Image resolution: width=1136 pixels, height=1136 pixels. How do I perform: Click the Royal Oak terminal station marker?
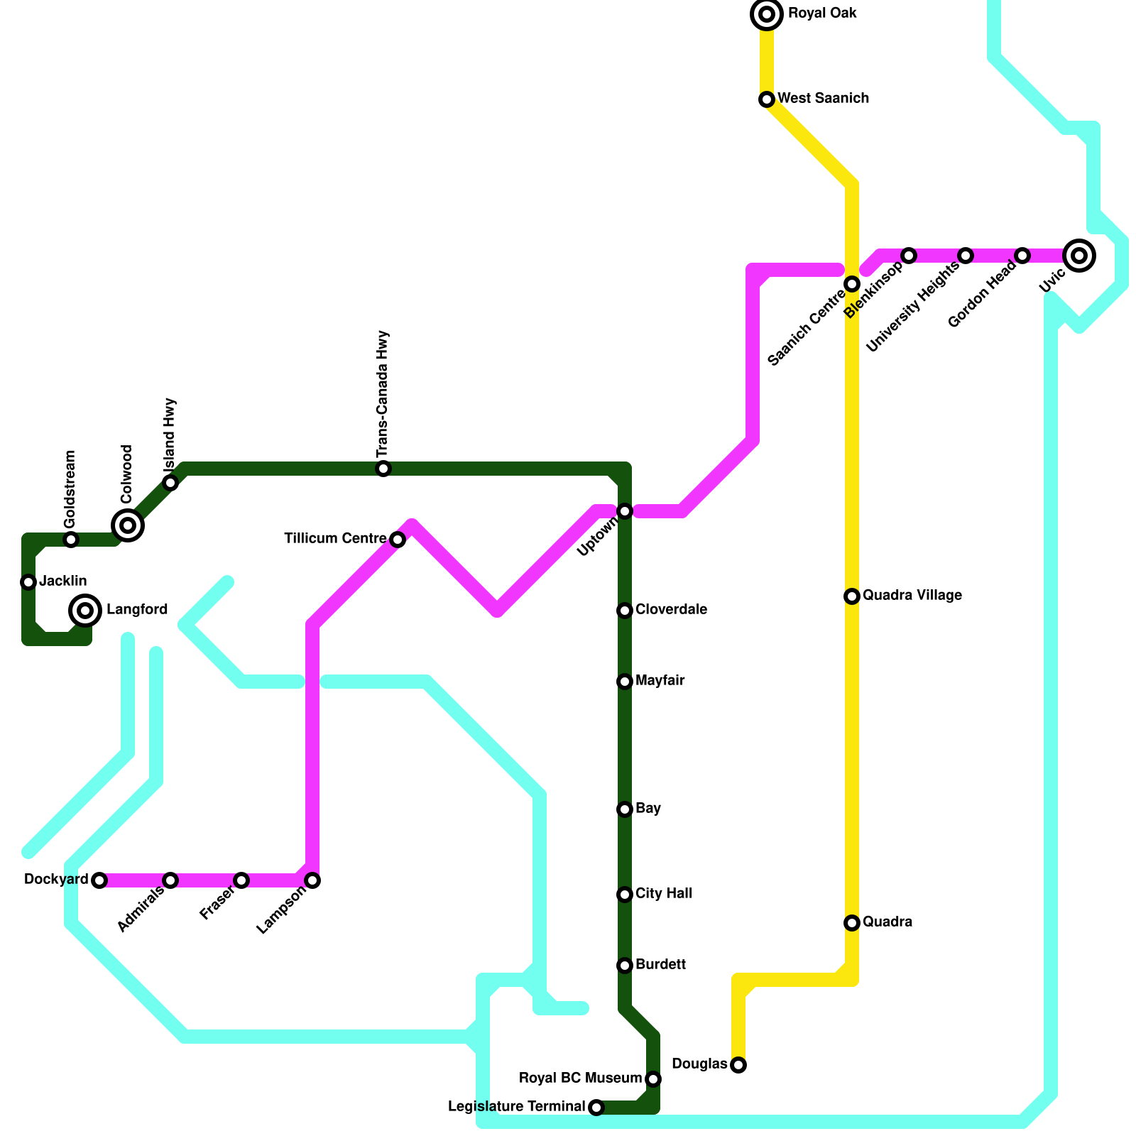(767, 14)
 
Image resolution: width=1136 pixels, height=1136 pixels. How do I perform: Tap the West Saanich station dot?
(767, 99)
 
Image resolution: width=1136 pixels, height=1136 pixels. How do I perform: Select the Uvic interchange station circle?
(1079, 256)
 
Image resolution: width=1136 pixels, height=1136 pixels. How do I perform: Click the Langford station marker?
(85, 610)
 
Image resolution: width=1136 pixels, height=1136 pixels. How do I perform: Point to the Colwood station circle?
(128, 525)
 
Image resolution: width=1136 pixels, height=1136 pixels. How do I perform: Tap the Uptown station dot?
(625, 511)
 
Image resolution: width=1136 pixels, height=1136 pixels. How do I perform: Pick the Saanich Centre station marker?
(852, 284)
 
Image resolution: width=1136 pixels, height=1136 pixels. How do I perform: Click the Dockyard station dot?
(99, 880)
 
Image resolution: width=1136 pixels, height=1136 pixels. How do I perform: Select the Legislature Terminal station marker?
(596, 1108)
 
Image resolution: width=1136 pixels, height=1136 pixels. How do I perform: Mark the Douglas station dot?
(738, 1065)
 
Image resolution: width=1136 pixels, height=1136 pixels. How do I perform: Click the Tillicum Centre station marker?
(398, 540)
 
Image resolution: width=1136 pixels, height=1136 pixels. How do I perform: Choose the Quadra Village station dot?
(852, 596)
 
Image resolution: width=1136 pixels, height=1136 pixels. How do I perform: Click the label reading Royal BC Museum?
(580, 1078)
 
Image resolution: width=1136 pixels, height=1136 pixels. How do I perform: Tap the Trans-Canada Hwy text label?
(383, 394)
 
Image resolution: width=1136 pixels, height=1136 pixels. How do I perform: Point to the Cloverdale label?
(671, 610)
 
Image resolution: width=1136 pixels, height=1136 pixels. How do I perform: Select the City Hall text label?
(664, 894)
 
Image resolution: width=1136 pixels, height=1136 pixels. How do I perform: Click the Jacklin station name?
(63, 581)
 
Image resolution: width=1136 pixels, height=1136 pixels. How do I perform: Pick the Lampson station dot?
(312, 880)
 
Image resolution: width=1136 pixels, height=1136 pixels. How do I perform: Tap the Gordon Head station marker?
(1022, 256)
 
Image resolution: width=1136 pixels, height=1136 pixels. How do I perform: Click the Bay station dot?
(625, 809)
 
